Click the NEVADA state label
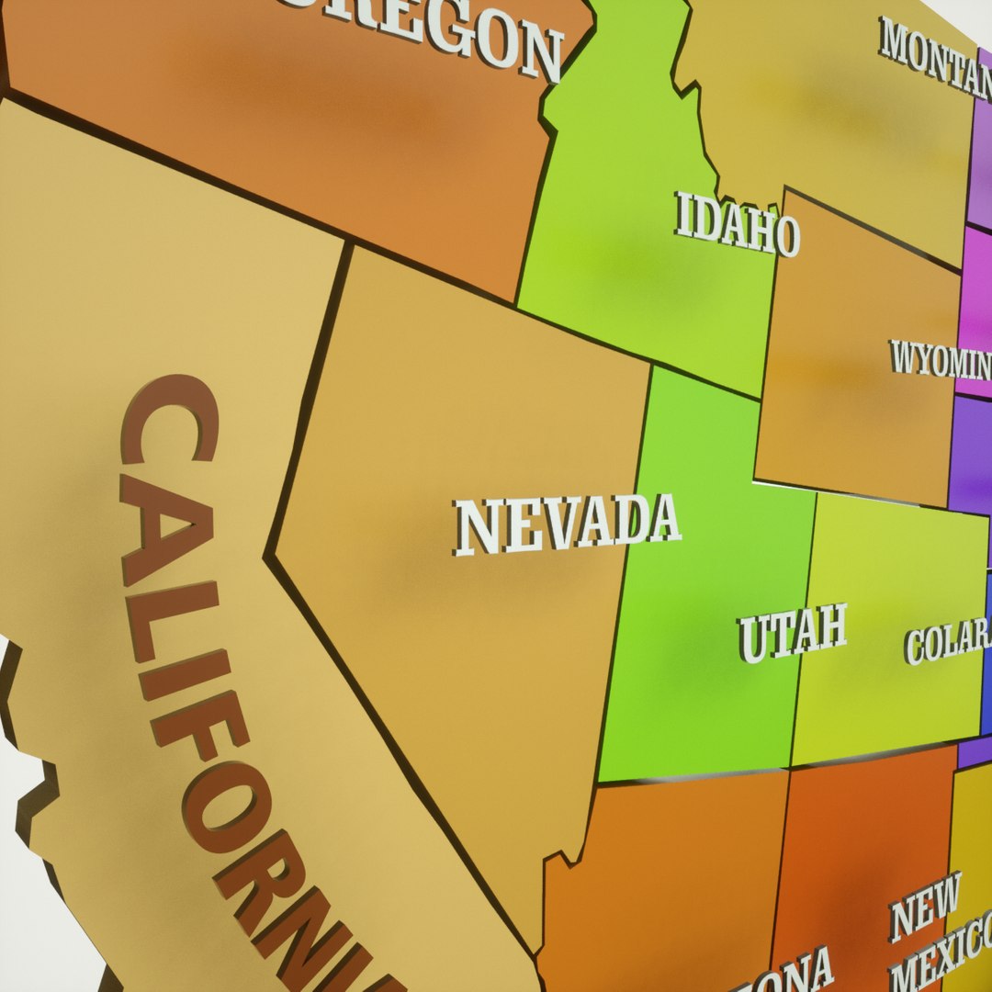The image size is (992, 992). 567,524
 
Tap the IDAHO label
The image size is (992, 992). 737,223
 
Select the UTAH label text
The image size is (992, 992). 792,633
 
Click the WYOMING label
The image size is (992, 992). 940,361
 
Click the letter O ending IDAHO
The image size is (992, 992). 786,238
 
